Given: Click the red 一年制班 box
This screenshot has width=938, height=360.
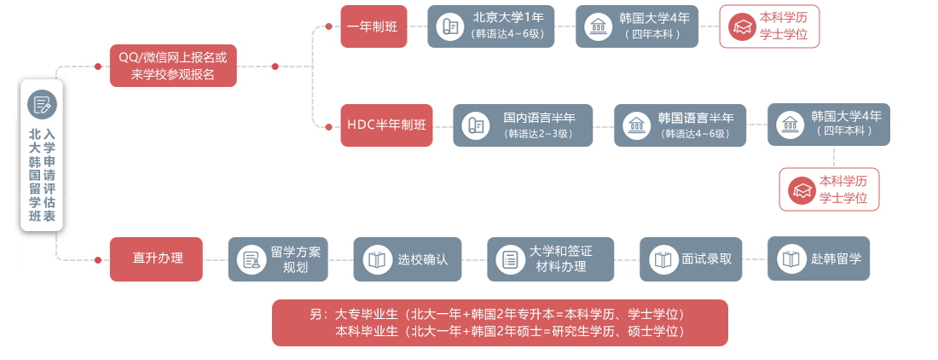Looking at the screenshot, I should coord(373,26).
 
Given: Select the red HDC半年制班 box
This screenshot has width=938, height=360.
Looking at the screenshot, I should coord(386,125).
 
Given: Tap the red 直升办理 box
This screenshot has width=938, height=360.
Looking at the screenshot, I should coord(156,258).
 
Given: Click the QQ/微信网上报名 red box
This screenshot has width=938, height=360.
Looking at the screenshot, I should coord(173,66).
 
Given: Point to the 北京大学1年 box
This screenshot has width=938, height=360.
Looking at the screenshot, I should coord(490,26).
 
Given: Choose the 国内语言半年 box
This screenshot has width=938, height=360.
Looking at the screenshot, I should coord(522,125).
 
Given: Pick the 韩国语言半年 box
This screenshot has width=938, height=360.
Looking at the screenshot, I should coord(680,125).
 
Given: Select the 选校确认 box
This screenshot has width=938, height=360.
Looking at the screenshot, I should coord(407,259).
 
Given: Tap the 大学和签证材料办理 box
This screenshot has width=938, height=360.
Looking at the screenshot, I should coord(550,259).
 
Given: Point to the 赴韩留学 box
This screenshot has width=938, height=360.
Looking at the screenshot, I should coord(819,258).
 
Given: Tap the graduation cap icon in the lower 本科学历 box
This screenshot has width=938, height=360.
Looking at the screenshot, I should coord(802,190).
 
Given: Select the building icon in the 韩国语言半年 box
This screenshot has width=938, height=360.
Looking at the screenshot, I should coord(635,125).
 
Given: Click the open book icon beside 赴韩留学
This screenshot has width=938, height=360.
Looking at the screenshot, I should coord(791,259).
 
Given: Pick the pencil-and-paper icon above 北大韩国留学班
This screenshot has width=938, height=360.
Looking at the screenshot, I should coord(41,104).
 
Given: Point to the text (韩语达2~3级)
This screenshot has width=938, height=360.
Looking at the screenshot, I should coord(538,134).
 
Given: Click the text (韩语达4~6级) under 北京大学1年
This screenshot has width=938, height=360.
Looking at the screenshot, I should coord(507,34).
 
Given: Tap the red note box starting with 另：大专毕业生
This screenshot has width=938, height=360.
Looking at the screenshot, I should coord(500,322).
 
